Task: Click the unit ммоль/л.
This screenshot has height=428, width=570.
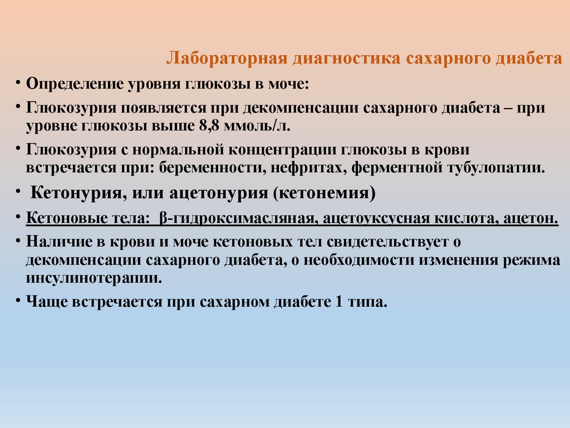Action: pyautogui.click(x=257, y=125)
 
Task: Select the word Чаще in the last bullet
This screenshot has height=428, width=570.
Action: pyautogui.click(x=46, y=302)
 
